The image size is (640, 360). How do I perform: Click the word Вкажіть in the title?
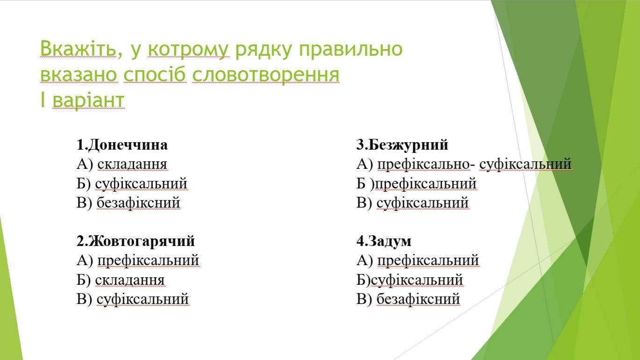(78, 48)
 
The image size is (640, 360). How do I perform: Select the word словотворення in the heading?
(266, 74)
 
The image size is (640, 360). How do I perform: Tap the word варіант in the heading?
(88, 100)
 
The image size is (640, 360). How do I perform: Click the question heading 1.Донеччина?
(122, 145)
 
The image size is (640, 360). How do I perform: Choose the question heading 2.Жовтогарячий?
(136, 241)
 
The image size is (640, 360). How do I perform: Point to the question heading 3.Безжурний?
(403, 145)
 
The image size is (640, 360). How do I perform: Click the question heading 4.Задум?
(384, 241)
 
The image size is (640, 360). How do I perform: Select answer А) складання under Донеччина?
(122, 164)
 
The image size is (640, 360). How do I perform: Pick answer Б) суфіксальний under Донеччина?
(132, 184)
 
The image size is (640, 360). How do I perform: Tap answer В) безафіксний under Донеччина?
(128, 203)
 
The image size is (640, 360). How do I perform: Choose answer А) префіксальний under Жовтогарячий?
(138, 260)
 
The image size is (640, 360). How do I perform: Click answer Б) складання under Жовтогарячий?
(121, 280)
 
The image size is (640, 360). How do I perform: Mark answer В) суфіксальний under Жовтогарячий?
(133, 299)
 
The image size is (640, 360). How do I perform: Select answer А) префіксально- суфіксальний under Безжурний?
(464, 164)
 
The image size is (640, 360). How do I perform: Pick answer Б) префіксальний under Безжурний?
(416, 184)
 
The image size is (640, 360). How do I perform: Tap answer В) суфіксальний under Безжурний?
(413, 203)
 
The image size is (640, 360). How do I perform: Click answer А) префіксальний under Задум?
(418, 260)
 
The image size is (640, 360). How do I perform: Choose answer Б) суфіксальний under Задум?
(410, 280)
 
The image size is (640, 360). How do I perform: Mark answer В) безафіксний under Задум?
(408, 299)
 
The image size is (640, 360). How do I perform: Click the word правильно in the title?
(351, 49)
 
